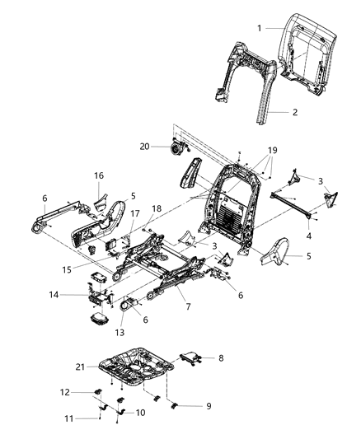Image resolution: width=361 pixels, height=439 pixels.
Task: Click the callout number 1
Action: (259, 28)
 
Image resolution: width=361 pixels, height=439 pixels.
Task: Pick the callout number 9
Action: (195, 406)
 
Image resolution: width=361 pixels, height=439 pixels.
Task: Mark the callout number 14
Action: (77, 294)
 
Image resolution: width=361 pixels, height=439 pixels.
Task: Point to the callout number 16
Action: (98, 175)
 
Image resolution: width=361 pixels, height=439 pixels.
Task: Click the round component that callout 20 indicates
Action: (176, 147)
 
